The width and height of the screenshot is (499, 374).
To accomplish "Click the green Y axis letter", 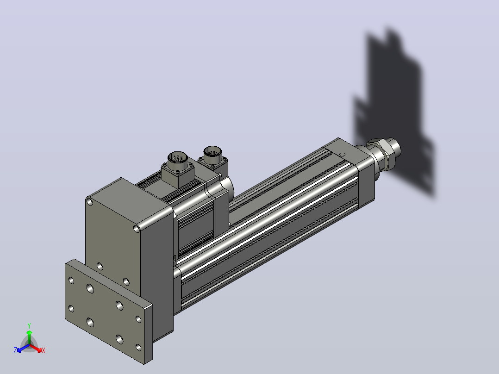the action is pyautogui.click(x=29, y=325).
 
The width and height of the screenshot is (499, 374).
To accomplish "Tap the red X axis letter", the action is pyautogui.click(x=44, y=350).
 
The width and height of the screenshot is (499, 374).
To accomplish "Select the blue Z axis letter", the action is pyautogui.click(x=15, y=350).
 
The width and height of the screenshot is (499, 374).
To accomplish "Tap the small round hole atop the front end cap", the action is pyautogui.click(x=343, y=155).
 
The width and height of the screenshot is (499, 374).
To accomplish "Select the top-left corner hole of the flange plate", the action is pyautogui.click(x=71, y=280).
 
